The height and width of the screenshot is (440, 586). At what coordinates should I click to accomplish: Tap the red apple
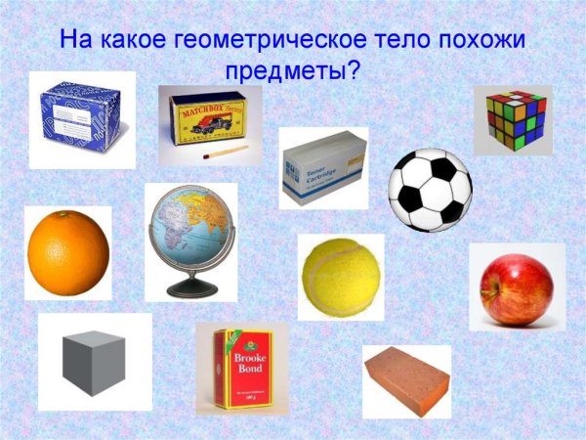[516, 289]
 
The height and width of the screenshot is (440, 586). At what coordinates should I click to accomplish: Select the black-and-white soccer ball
[430, 189]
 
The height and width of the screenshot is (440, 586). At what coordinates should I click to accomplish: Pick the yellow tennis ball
[340, 277]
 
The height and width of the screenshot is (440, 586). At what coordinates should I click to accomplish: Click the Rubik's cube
[513, 120]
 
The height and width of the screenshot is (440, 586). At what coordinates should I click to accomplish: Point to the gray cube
[94, 362]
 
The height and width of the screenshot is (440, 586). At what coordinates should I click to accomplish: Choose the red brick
[406, 379]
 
